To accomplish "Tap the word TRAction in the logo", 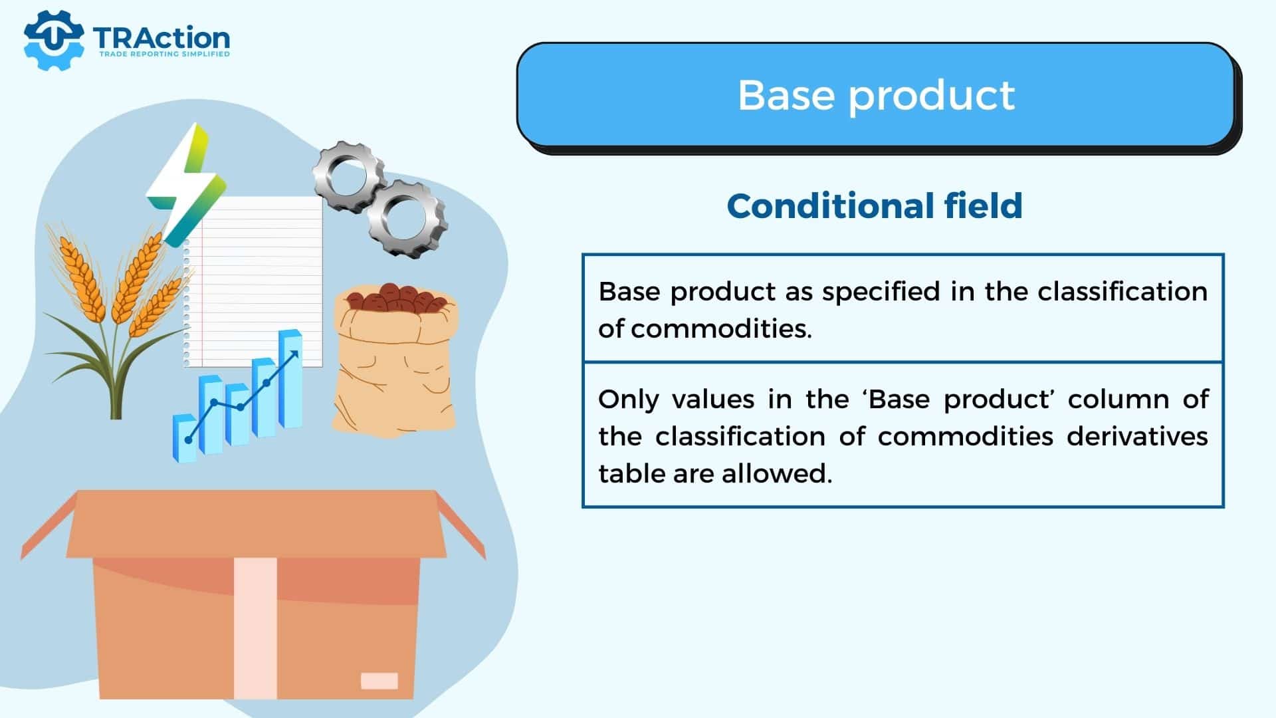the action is pyautogui.click(x=161, y=38).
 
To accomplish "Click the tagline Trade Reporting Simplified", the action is pyautogui.click(x=164, y=54).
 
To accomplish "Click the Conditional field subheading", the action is pyautogui.click(x=875, y=206).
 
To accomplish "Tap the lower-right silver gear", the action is pyautogui.click(x=407, y=218).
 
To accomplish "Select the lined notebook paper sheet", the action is pyautogui.click(x=253, y=281).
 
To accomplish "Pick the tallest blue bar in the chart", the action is pyautogui.click(x=290, y=378).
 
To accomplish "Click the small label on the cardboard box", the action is pyautogui.click(x=379, y=681).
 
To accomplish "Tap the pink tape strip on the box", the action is pyautogui.click(x=255, y=628).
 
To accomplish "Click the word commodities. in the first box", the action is pyautogui.click(x=721, y=329).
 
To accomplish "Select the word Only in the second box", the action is pyautogui.click(x=628, y=400).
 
